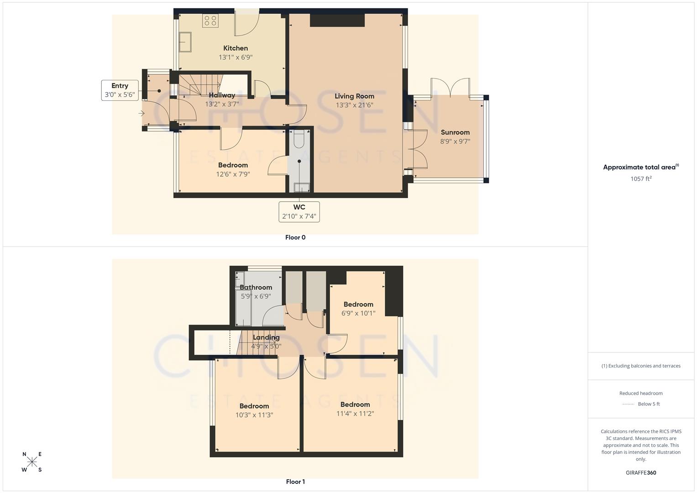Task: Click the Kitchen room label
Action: tap(236, 48)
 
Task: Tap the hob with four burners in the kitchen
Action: tap(210, 21)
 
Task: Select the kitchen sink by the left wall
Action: tap(185, 42)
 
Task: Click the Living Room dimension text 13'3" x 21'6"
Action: tap(354, 105)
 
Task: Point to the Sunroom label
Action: tap(455, 132)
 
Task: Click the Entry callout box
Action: tap(120, 90)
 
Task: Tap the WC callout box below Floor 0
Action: tap(299, 212)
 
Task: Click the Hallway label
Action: tap(222, 95)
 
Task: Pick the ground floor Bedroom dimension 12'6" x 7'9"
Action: tap(233, 174)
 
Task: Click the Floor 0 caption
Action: tap(295, 237)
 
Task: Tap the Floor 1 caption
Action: tap(295, 482)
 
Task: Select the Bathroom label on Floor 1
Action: tap(256, 287)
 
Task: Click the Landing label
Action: tap(266, 337)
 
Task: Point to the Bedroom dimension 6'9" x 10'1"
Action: tap(358, 313)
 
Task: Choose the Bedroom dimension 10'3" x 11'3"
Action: tap(254, 415)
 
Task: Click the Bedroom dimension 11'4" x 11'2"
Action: tap(355, 414)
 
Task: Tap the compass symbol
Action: tap(32, 462)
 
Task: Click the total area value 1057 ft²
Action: tap(641, 178)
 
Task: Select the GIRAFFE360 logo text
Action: tap(640, 472)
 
